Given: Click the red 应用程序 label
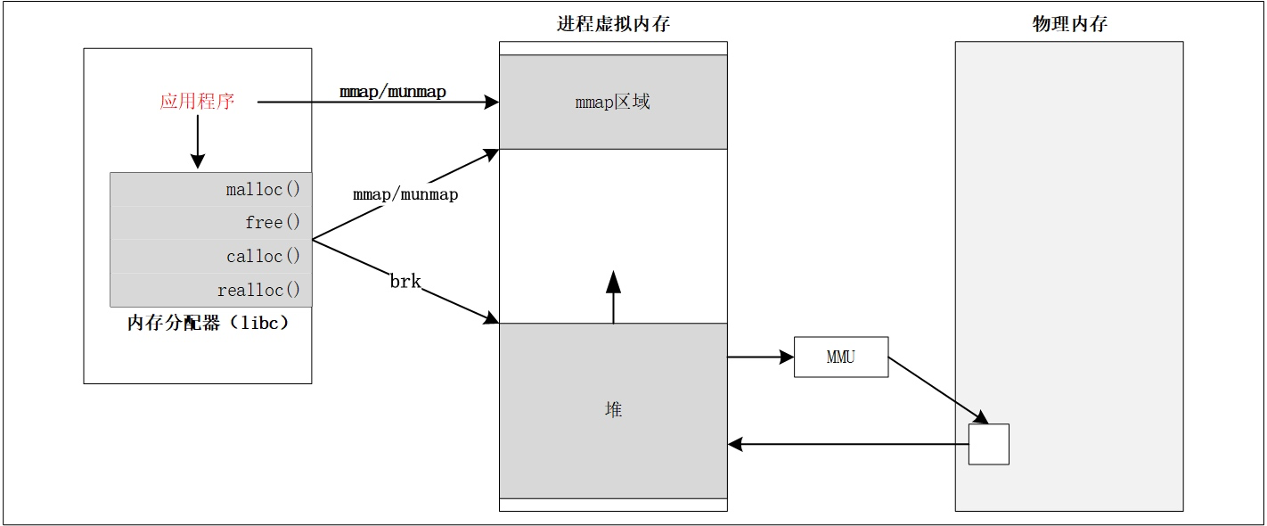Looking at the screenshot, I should coord(197,102).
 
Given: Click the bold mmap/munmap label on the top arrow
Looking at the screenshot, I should coord(392,92).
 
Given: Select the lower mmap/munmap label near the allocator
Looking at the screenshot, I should coord(405,193).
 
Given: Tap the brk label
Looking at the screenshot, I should coord(405,282).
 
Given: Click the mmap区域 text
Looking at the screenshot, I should coord(612,102).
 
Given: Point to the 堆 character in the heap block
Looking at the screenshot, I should coord(613,409).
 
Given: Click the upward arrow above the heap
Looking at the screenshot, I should coord(613,297).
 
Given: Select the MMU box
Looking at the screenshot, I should coord(840,358).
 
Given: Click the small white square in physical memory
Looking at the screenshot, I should coord(988,444).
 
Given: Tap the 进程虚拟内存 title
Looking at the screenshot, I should coord(613,25).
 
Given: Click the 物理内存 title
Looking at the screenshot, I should coord(1069,25).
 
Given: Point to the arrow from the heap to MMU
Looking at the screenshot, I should coord(759,358).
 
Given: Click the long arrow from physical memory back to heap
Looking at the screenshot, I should coord(846,444).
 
